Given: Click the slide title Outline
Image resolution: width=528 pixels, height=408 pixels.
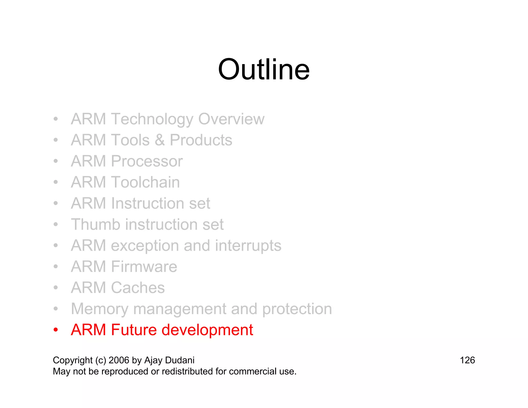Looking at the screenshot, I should (x=263, y=70).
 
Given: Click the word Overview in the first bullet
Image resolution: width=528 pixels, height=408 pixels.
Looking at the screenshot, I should (x=231, y=119).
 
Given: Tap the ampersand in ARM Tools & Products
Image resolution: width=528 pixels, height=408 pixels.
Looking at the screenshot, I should (x=160, y=140).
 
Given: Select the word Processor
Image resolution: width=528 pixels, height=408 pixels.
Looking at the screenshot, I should (x=147, y=161).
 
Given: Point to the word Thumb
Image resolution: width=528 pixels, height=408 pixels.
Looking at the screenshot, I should (x=96, y=224).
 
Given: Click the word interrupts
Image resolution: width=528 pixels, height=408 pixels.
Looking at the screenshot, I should (x=248, y=246).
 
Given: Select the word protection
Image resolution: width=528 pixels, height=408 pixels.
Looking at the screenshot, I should (x=297, y=309).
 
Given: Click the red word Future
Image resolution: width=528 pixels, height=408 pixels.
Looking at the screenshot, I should (x=134, y=330).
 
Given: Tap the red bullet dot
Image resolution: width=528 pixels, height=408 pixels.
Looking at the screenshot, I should (x=56, y=330).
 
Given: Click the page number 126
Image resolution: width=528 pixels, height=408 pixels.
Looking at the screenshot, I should (x=467, y=360).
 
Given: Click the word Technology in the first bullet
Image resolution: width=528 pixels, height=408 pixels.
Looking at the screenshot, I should (x=152, y=119).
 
